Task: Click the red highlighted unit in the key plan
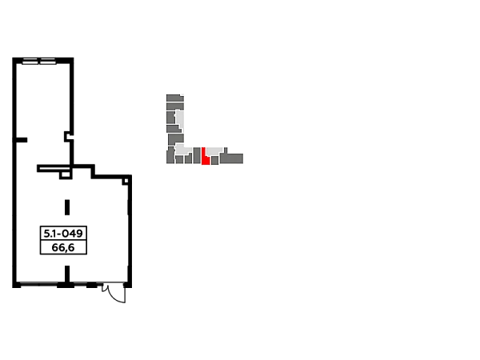[x=205, y=157]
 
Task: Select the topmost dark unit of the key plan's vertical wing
[x=174, y=98]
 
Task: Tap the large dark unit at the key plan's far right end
[x=232, y=158]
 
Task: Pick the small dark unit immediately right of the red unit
[x=214, y=160]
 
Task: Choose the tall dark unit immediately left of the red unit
[x=197, y=155]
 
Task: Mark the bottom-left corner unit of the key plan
[x=170, y=157]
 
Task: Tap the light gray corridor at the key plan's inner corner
[x=183, y=150]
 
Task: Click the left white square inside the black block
[x=48, y=246]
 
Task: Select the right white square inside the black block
[x=80, y=246]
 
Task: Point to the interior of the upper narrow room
[x=38, y=100]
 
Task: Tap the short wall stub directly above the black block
[x=67, y=207]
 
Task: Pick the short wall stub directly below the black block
[x=67, y=271]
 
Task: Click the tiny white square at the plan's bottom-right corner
[x=118, y=291]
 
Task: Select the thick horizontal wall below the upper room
[x=64, y=166]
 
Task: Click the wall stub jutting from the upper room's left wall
[x=24, y=141]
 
